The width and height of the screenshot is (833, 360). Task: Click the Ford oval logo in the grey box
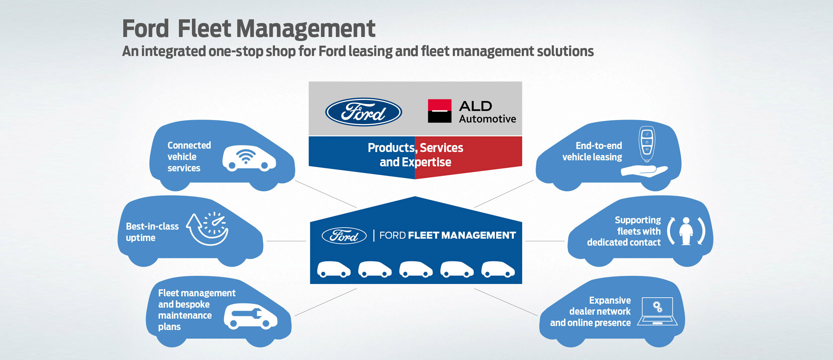[x=364, y=112]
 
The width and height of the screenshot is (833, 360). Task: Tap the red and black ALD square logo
[x=439, y=111]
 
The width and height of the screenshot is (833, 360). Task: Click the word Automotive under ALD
[x=487, y=119]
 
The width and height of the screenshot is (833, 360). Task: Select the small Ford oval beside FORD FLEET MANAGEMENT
[x=344, y=236]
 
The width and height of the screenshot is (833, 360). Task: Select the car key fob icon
[x=647, y=144]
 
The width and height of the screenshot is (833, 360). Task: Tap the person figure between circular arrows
[x=686, y=231]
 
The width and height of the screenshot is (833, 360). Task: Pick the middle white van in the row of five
[x=416, y=269]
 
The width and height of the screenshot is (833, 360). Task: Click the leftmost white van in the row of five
[x=334, y=269]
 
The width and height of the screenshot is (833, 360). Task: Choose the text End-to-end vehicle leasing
[x=592, y=151]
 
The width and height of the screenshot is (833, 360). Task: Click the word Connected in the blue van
[x=189, y=145]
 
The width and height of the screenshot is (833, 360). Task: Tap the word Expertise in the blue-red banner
[x=426, y=162]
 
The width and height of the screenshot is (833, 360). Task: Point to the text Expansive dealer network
[x=600, y=306]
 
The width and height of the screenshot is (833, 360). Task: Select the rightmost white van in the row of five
[x=498, y=269]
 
